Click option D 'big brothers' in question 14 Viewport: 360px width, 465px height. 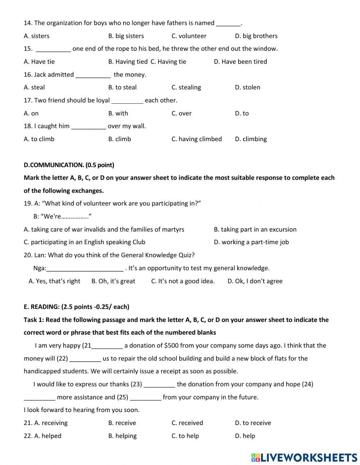pos(256,36)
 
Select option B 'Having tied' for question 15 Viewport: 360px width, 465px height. pos(128,62)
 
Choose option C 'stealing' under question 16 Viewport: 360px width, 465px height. pos(186,88)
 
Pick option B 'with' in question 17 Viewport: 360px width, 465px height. pos(118,113)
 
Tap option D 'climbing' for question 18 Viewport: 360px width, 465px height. pos(251,139)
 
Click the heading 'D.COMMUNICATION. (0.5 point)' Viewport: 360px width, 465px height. pos(69,165)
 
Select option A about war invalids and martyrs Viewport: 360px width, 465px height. pos(104,229)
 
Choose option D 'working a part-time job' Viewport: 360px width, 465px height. pos(251,242)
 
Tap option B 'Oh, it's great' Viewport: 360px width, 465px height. pos(113,281)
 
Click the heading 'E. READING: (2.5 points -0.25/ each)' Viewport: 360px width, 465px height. pos(76,307)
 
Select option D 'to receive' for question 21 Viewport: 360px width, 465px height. pos(253,423)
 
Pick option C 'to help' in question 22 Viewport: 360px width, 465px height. pos(185,436)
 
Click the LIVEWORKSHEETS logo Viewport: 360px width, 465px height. pos(304,457)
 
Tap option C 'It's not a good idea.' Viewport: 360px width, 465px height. pos(183,281)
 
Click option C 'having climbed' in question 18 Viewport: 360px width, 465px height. pos(197,139)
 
